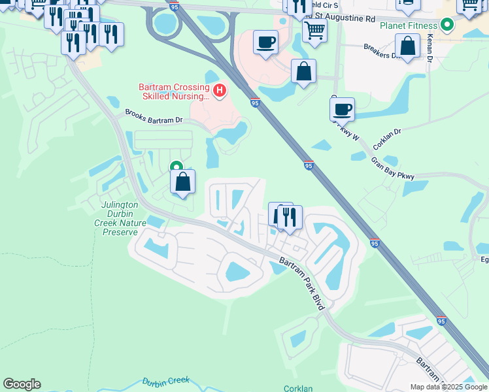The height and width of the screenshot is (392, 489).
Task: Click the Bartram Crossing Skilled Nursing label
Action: tap(173, 91)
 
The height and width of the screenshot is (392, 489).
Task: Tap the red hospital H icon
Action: tap(220, 90)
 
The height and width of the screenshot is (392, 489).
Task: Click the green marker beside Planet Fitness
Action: tap(447, 26)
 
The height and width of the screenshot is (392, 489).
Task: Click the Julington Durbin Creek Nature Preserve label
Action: tap(120, 218)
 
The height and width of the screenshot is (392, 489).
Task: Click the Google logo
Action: tap(22, 384)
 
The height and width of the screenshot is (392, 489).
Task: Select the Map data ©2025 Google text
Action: tap(448, 387)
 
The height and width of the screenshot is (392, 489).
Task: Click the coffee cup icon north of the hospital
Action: tap(265, 42)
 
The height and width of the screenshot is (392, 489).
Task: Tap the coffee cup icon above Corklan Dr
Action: tap(341, 108)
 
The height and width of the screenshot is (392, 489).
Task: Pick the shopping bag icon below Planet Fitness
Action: tap(407, 46)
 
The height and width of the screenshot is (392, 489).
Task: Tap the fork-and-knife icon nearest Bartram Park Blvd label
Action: tap(290, 217)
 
